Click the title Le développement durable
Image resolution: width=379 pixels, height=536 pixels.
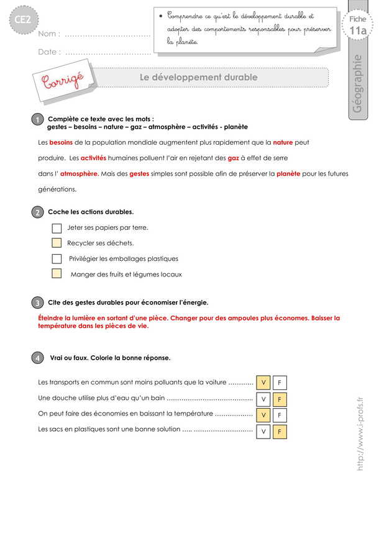click(x=198, y=77)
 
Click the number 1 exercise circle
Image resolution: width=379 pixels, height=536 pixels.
click(x=37, y=119)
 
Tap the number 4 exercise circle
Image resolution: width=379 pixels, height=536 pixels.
click(x=37, y=358)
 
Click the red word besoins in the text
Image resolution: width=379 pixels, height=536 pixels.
click(x=61, y=142)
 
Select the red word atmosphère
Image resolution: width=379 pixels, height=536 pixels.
click(x=79, y=174)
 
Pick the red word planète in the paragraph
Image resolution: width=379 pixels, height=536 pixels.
click(x=288, y=174)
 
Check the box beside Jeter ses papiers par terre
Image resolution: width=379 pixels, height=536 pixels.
click(x=57, y=228)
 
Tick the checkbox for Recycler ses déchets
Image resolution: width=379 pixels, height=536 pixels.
click(x=57, y=243)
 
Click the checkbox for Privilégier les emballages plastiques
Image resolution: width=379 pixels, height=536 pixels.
click(x=57, y=258)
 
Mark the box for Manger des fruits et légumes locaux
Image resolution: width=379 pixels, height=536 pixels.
click(x=57, y=274)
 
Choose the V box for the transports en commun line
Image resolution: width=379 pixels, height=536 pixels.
click(x=263, y=383)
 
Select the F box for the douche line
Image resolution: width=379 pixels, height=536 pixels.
click(x=280, y=399)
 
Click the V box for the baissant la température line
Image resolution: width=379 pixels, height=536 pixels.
click(x=263, y=415)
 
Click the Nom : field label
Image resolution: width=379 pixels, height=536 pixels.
click(x=49, y=34)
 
